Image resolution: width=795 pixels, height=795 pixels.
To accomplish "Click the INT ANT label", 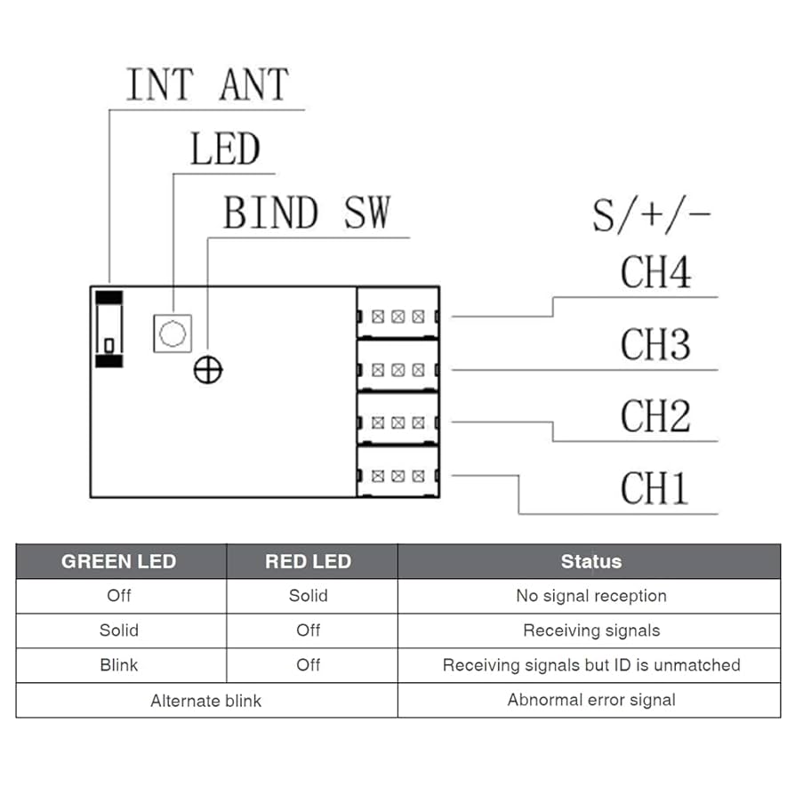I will click(207, 85).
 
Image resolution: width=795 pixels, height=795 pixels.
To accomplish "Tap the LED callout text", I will click(225, 150).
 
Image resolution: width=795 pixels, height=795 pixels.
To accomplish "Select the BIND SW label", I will click(306, 214).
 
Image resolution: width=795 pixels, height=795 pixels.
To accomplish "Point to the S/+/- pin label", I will click(652, 215).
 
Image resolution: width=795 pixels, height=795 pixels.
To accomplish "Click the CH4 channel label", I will click(655, 272).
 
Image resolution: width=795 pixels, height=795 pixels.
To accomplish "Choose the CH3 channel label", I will click(655, 344).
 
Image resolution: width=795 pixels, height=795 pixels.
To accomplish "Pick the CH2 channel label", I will click(655, 416).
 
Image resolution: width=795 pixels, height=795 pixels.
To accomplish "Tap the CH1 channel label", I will click(655, 488).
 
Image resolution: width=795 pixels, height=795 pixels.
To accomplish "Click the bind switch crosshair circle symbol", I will click(208, 370).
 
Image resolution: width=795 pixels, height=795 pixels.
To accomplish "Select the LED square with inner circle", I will click(173, 333).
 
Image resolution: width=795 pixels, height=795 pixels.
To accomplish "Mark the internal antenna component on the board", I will click(109, 329).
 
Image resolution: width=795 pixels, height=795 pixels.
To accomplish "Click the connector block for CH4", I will click(397, 315).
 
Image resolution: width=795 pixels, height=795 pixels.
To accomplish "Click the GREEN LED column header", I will click(119, 561).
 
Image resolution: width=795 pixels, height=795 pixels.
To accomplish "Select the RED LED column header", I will click(309, 561).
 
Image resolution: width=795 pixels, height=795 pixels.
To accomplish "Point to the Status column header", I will click(590, 561).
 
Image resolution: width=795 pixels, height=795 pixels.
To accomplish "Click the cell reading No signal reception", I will click(590, 596).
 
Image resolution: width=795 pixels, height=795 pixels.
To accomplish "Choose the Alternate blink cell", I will click(205, 701).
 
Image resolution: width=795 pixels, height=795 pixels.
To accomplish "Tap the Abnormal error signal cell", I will click(590, 700).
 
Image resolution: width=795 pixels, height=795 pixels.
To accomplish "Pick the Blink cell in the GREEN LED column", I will click(119, 665).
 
